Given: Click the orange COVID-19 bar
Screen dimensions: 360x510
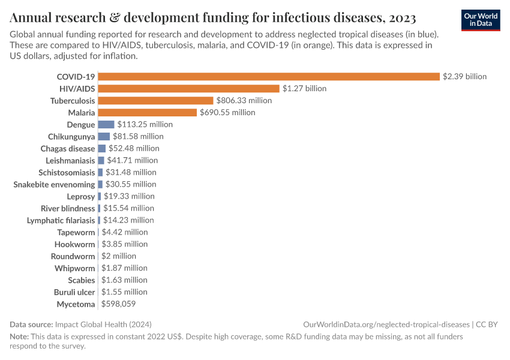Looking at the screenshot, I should coord(269,76).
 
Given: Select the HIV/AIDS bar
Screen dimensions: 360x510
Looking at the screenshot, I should coord(188,88).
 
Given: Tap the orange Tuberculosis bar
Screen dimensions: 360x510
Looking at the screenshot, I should coord(155,100).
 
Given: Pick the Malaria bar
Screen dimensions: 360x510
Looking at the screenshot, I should coord(147,112).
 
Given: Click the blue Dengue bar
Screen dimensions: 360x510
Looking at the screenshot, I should coord(106,124).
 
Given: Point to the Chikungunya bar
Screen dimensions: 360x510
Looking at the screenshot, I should coord(104,136).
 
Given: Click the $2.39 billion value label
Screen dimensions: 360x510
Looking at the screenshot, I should coord(464,76).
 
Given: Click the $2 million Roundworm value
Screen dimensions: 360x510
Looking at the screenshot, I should coord(119,256).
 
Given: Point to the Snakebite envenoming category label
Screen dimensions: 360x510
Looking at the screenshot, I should coord(54,184).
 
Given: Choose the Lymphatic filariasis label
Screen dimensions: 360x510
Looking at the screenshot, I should coord(61,220).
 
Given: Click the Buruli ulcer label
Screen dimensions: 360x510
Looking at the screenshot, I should coord(74,292).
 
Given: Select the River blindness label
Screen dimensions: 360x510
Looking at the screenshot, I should coord(68,208).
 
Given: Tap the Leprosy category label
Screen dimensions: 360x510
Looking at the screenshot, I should coord(81,196).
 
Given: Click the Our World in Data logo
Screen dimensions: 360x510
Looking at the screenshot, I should coord(481,20).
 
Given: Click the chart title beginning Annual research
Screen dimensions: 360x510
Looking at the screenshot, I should coord(212,16).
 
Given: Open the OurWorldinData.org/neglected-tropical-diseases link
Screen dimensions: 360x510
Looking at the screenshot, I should coord(388,324).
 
